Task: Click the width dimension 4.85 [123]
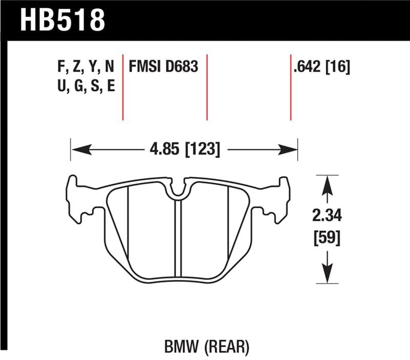(x=183, y=150)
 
